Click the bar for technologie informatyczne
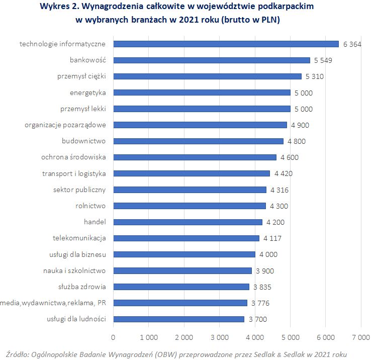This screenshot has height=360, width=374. [x=226, y=44]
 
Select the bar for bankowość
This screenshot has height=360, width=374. [x=212, y=60]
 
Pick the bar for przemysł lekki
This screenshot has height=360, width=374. [x=202, y=109]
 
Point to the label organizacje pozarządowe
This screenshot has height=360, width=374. [x=65, y=125]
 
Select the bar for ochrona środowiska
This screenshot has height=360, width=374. [x=195, y=157]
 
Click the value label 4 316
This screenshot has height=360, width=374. [x=279, y=190]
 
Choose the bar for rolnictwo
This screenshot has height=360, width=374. [x=190, y=206]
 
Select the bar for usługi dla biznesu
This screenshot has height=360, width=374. [x=184, y=254]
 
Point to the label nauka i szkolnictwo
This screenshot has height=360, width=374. [x=74, y=271]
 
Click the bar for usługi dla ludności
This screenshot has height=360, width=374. [x=179, y=319]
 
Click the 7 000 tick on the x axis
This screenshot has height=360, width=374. [x=360, y=336]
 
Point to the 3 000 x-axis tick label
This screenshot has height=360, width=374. [x=219, y=336]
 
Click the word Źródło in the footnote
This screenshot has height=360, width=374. [x=16, y=353]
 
